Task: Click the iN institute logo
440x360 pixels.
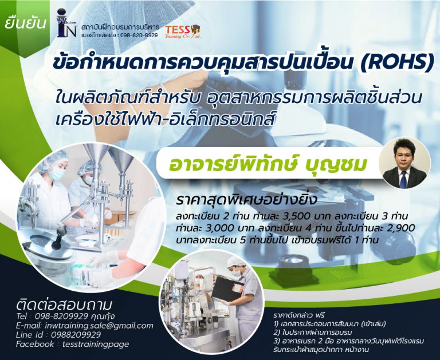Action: click(x=67, y=23)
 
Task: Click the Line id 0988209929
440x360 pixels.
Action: click(x=72, y=335)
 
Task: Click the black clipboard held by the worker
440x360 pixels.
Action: click(x=224, y=292)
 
